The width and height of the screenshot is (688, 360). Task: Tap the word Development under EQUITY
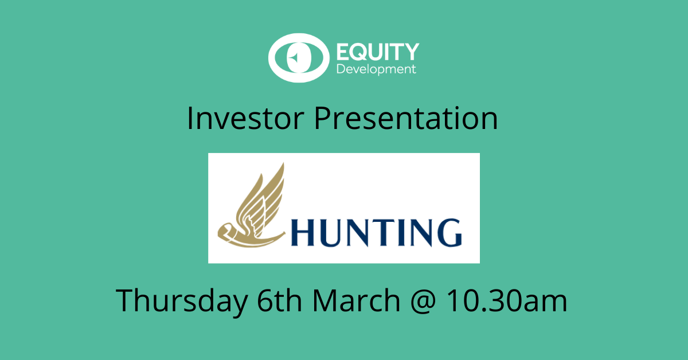pyautogui.click(x=376, y=69)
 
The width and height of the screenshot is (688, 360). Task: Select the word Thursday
pyautogui.click(x=181, y=300)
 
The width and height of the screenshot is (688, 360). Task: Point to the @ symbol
pyautogui.click(x=424, y=302)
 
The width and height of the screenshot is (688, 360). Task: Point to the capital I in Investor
pyautogui.click(x=190, y=119)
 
